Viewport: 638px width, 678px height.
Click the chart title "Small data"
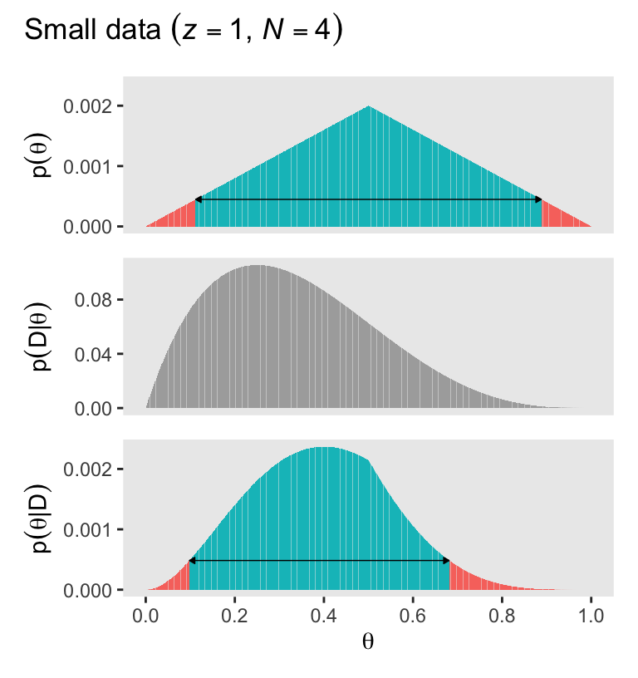click(91, 31)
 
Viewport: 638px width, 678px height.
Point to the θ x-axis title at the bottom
click(368, 641)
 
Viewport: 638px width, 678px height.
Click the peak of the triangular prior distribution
click(369, 107)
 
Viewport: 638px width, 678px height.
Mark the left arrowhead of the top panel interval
click(198, 199)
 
